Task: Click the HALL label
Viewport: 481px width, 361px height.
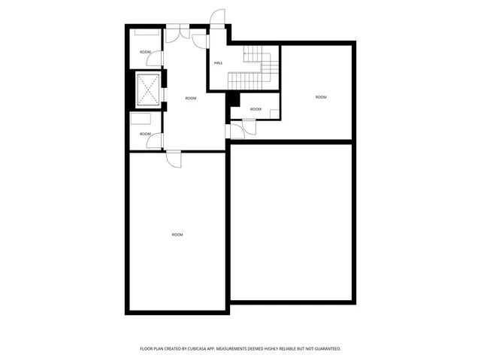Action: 218,62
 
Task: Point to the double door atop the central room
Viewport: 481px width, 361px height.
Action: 178,32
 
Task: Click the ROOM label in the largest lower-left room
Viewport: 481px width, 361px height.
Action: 177,235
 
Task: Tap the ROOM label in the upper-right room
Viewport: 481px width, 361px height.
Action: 321,97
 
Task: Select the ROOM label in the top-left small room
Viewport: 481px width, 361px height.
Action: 145,52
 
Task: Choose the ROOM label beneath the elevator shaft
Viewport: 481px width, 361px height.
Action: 145,134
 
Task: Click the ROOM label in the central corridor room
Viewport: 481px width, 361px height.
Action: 191,99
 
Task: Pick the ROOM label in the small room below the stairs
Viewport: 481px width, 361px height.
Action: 256,109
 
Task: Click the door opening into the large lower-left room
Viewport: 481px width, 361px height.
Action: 174,159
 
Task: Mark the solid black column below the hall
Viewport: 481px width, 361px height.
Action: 233,99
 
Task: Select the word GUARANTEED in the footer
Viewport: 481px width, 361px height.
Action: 324,349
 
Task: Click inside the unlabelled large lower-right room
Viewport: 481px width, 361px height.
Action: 291,222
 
